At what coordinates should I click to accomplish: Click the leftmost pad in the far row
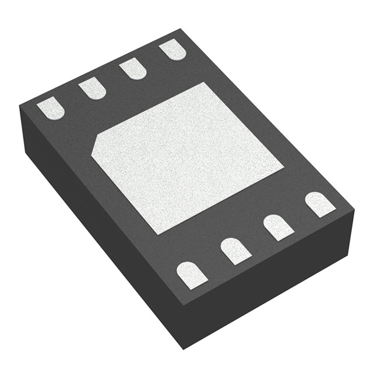pos(51,109)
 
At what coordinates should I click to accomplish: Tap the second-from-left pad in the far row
pos(92,89)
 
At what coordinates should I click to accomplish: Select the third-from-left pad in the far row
pos(132,69)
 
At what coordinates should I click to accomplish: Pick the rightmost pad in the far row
pos(172,50)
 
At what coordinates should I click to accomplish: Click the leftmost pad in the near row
pos(192,274)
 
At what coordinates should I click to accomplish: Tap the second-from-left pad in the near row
pos(235,250)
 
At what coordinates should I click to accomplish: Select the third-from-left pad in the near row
pos(278,227)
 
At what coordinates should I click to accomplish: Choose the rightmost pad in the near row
pos(320,204)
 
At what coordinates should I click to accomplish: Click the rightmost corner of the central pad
pos(284,169)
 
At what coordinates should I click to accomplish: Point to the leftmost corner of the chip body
pos(20,106)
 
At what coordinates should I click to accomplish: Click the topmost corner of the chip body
pos(177,29)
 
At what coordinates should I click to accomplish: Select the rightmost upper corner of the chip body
pos(354,205)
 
